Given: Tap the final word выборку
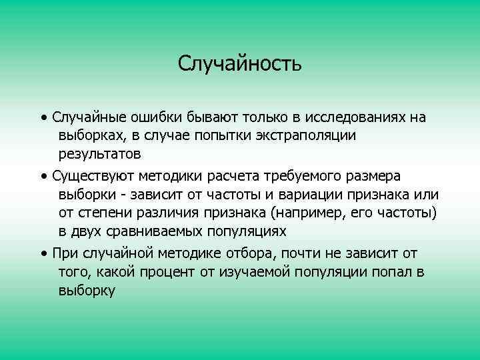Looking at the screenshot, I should click(87, 291).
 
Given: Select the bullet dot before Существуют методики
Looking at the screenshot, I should click(43, 176).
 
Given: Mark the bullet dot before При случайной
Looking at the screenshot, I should click(43, 254).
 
